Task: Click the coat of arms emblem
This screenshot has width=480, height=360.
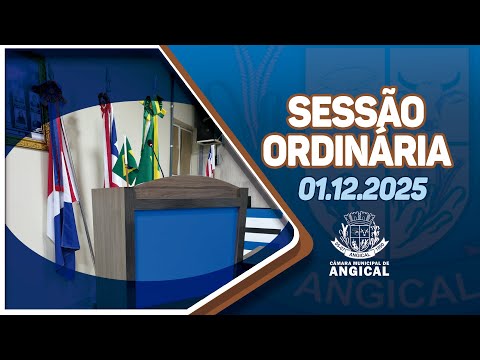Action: pos(357,232)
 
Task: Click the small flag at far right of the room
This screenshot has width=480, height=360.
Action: pos(210,160)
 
